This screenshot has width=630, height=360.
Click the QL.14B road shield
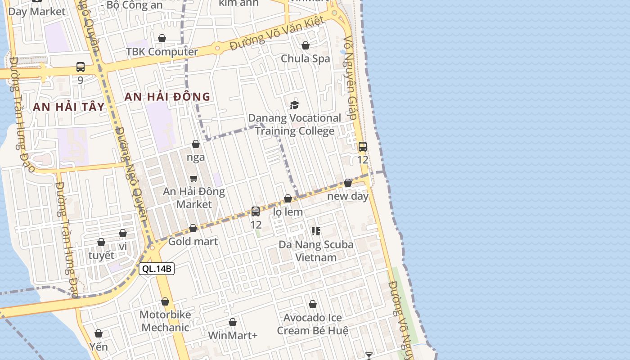157,269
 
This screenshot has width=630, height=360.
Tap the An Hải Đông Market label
194,198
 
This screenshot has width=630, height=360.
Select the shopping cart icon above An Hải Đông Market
194,178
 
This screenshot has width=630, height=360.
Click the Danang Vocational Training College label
295,124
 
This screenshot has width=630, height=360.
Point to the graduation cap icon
294,105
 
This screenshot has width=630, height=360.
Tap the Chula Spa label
305,58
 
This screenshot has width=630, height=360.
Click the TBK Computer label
162,52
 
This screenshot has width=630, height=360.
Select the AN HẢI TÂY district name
68,107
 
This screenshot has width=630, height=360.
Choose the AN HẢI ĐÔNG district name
167,96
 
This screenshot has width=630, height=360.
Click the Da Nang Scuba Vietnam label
316,251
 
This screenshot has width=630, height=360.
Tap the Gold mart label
193,242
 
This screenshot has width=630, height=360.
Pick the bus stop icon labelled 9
81,67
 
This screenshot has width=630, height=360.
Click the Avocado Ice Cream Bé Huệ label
313,324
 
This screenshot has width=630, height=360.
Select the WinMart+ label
233,336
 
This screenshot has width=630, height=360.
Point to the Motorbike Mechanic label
165,321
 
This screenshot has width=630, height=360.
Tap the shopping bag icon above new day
348,183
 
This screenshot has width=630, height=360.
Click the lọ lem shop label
288,212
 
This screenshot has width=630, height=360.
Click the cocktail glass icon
369,356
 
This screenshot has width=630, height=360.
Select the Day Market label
37,12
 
